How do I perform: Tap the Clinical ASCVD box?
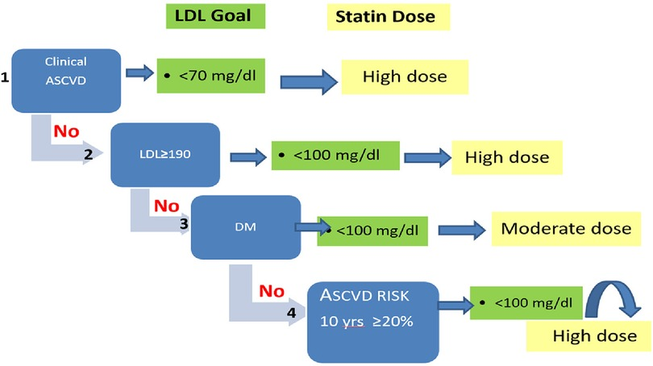(x=66, y=81)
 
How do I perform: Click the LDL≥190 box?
(x=165, y=154)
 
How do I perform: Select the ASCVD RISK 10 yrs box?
(x=372, y=321)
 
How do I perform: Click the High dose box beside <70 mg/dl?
(x=404, y=77)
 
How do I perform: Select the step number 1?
(x=6, y=78)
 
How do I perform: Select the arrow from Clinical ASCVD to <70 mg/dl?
(x=139, y=73)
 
